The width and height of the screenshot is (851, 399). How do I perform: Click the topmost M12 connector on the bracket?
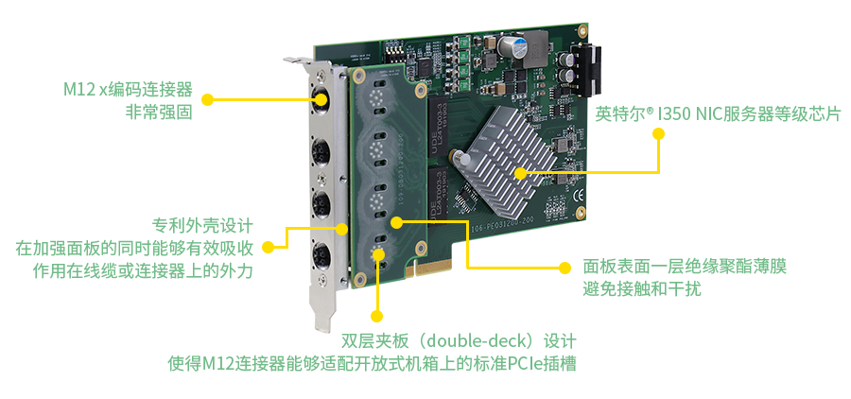click(x=321, y=99)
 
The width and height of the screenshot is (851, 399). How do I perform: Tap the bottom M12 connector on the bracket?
click(x=321, y=253)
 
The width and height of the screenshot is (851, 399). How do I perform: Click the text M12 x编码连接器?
click(x=128, y=90)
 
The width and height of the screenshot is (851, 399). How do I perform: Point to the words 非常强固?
click(x=160, y=113)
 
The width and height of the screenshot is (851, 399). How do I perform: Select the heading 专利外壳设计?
click(x=202, y=225)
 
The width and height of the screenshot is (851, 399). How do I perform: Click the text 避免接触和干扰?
click(x=642, y=288)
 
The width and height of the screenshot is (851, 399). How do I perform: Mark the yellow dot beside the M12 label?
click(x=207, y=99)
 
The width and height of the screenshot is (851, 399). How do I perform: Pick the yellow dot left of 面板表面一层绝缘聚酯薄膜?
click(x=565, y=267)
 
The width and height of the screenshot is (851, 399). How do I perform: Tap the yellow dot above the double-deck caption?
click(x=376, y=316)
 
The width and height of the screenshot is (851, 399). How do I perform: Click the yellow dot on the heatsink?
click(x=520, y=173)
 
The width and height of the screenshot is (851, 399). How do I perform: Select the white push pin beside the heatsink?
click(x=460, y=158)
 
